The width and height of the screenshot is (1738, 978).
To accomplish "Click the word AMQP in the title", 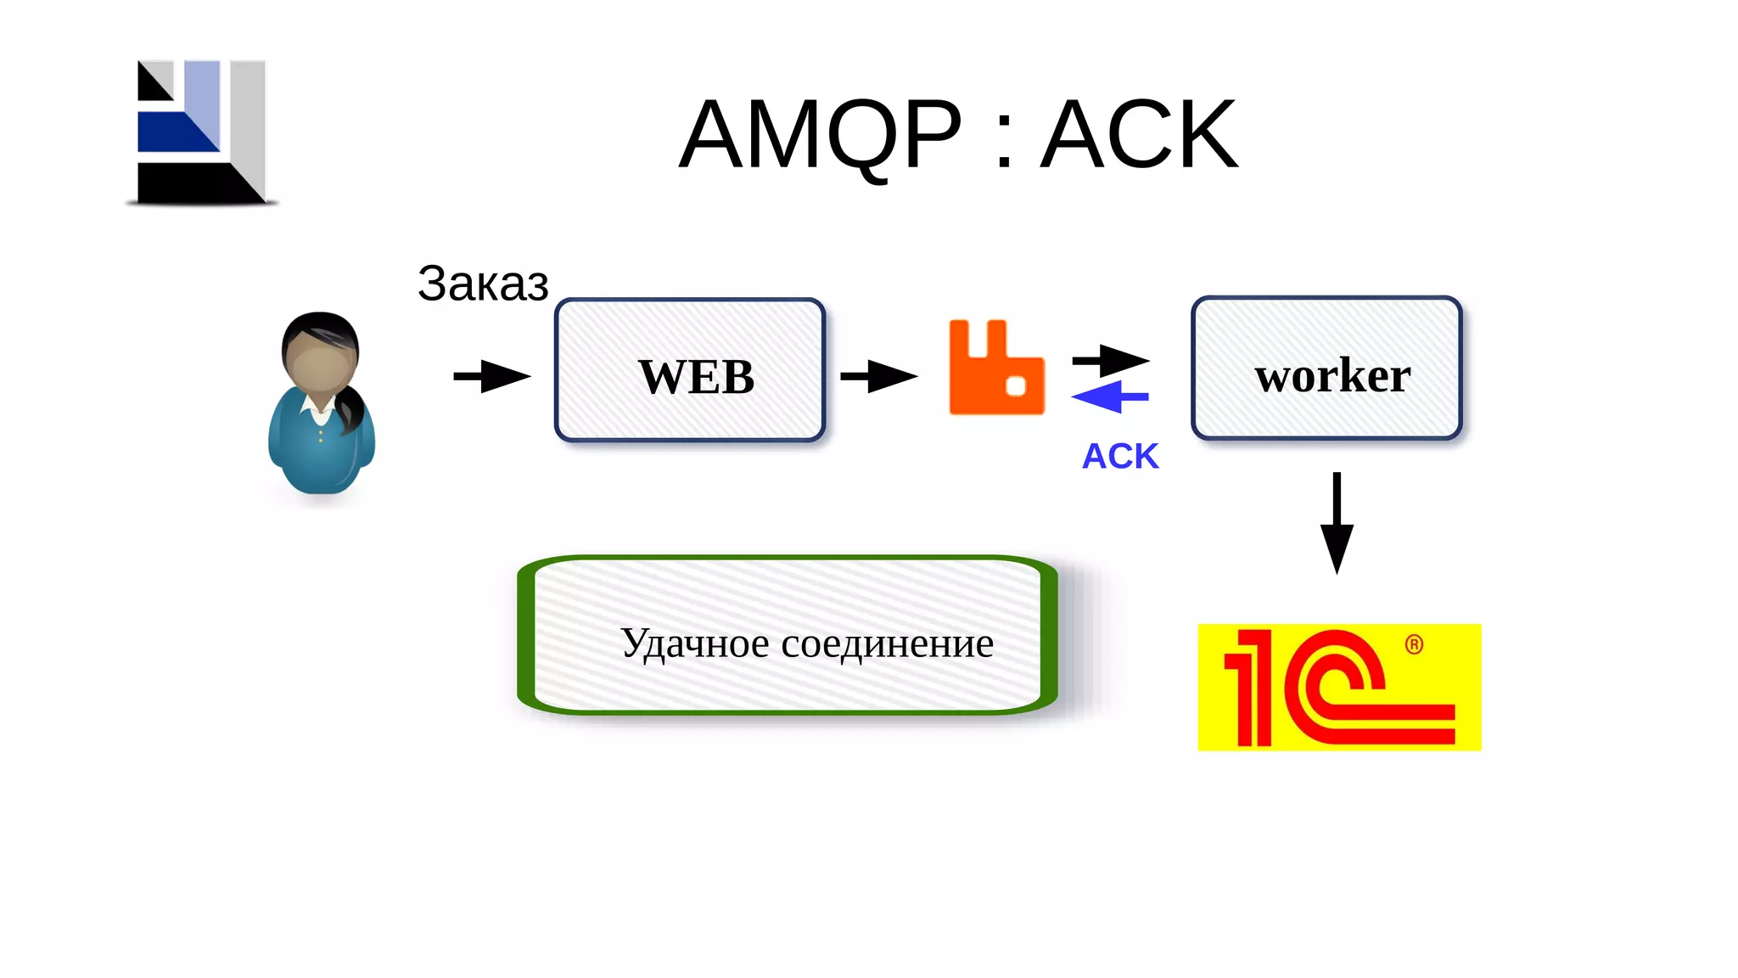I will (x=821, y=136).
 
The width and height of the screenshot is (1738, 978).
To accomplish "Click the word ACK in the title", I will (x=1139, y=136).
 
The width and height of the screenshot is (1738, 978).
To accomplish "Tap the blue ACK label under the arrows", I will (x=1119, y=457).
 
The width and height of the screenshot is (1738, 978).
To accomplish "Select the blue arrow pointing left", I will (x=1109, y=396).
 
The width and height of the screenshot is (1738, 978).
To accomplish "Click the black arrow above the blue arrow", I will (x=1111, y=361).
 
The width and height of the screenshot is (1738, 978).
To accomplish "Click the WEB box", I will (x=690, y=371).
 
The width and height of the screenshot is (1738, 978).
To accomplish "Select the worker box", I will (x=1326, y=368).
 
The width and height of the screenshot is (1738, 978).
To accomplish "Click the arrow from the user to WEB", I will (x=492, y=376).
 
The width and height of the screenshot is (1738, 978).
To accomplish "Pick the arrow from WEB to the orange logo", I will (x=878, y=376).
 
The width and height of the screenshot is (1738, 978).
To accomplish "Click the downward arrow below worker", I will (x=1337, y=522).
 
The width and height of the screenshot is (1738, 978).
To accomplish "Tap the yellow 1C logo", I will (x=1338, y=688).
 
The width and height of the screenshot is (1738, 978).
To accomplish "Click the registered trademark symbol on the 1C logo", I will (x=1414, y=644).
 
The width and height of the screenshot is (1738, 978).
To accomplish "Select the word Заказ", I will (x=483, y=284).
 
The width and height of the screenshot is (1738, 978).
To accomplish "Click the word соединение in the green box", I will (x=887, y=644).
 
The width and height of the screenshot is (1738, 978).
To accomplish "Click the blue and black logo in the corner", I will (x=202, y=132).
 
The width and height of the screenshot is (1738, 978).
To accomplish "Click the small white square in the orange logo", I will (x=1016, y=385).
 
